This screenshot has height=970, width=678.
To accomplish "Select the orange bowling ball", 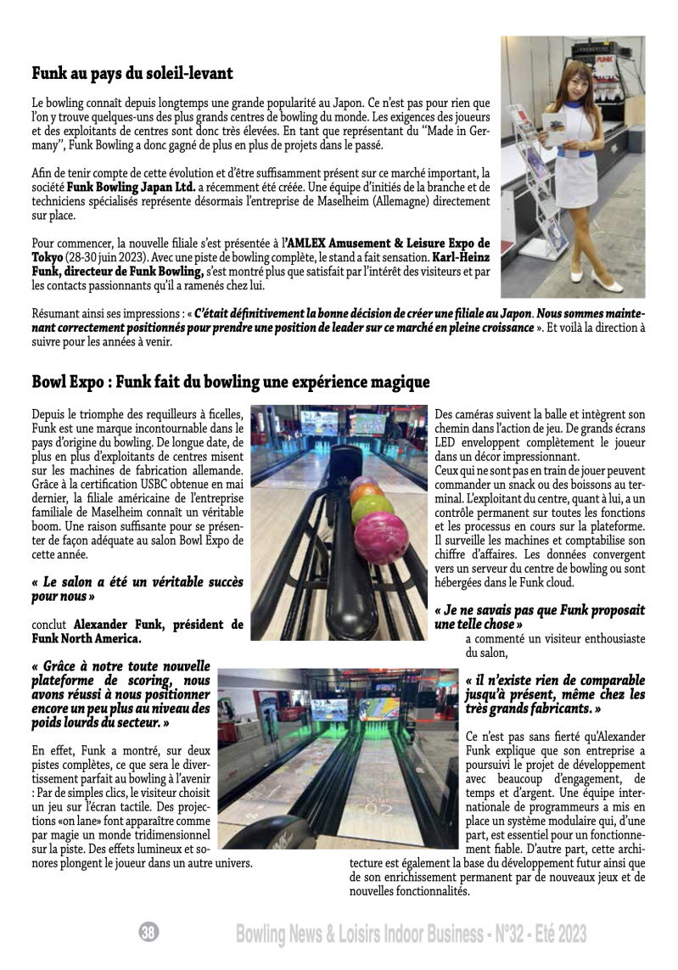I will [x=366, y=494].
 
